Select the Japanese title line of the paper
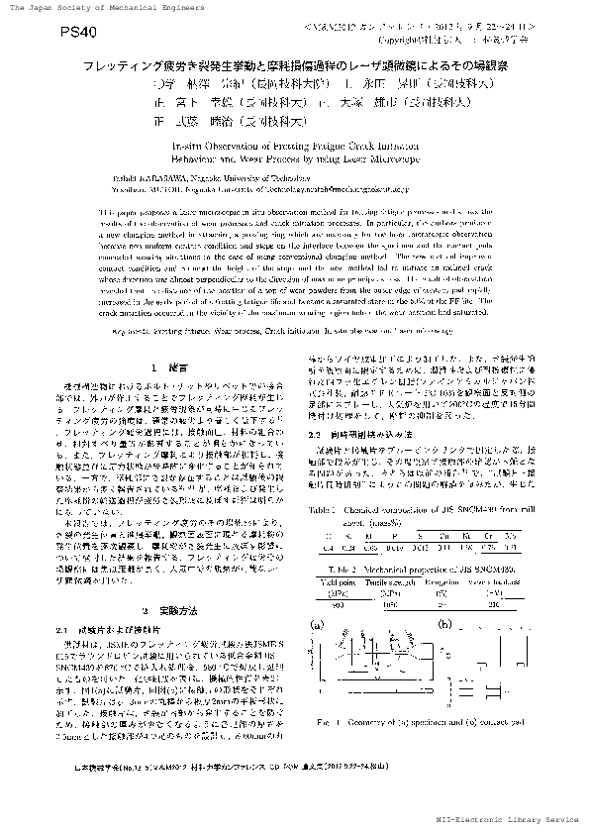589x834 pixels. pyautogui.click(x=295, y=63)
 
